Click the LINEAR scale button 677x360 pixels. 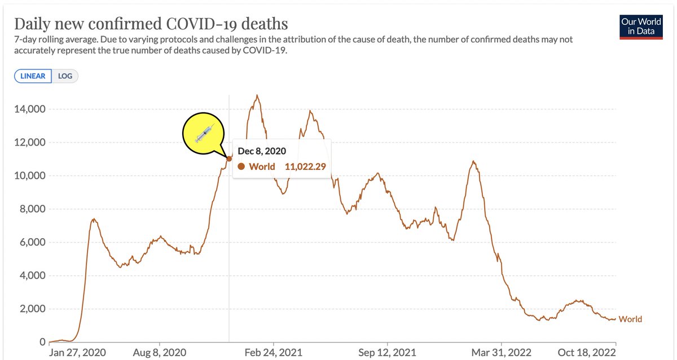pos(33,76)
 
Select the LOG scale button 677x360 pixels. pos(65,76)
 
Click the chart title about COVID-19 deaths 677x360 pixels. pos(151,24)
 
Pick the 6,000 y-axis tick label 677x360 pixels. pos(32,243)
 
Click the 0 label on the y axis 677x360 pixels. pos(41,342)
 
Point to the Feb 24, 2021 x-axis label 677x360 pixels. pos(274,353)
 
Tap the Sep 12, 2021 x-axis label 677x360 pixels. pos(388,353)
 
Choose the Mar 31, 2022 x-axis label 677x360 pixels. pos(502,353)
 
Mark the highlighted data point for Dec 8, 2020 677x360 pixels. pos(229,159)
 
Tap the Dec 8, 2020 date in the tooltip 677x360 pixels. pos(262,151)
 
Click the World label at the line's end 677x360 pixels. pos(630,319)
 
